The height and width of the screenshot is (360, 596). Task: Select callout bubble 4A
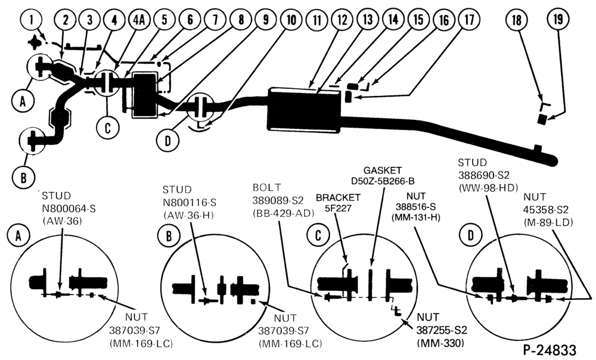[x=139, y=20]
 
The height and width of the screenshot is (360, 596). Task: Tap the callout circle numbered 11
[x=316, y=20]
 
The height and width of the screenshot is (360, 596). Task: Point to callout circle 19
[x=558, y=18]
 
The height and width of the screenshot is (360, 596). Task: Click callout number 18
[x=517, y=20]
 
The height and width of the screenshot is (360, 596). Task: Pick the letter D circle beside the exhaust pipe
[x=167, y=140]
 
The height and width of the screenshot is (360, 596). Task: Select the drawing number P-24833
[x=550, y=349]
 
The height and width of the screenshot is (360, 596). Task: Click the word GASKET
[x=383, y=170]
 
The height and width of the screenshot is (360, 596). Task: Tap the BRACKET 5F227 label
[x=338, y=202]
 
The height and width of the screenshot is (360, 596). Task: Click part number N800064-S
[x=69, y=208]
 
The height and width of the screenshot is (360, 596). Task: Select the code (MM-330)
[x=440, y=343]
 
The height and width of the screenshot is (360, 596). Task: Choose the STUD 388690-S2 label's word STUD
[x=473, y=163]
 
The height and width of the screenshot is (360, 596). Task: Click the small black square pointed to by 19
[x=542, y=119]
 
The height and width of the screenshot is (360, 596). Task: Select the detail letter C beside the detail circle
[x=318, y=236]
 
